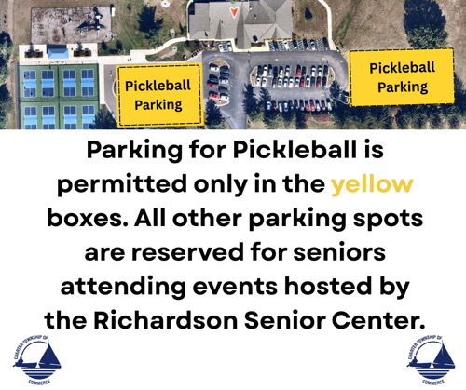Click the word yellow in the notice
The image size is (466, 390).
372,185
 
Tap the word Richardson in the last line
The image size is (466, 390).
165,320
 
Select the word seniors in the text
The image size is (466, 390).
339,252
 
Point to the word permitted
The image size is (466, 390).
121,185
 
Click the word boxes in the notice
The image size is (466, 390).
88,218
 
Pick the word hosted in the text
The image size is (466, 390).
327,286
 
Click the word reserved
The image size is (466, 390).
187,252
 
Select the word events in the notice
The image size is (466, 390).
235,287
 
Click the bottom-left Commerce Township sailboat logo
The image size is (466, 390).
36,360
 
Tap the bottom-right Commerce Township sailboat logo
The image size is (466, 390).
431,360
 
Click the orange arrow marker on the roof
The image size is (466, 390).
234,12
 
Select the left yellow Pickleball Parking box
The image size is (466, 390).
159,95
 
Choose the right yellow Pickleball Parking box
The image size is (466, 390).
402,77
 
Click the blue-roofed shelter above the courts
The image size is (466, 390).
58,51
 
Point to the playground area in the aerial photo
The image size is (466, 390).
71,25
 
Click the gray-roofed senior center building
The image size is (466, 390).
240,21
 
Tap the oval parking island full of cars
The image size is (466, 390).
293,76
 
